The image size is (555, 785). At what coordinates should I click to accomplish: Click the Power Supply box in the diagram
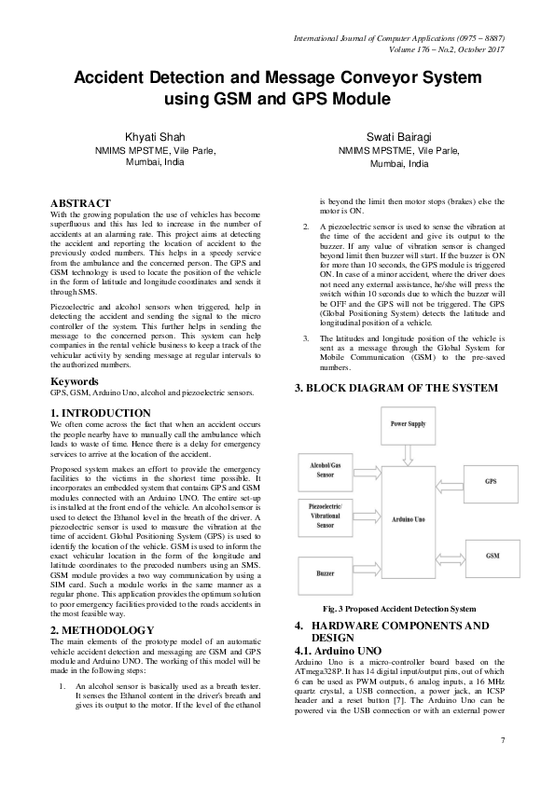point(409,423)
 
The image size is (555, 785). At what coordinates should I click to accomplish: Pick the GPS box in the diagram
point(491,481)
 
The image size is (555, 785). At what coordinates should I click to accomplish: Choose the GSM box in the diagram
point(491,556)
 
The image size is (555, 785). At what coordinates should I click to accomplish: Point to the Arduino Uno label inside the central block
point(409,519)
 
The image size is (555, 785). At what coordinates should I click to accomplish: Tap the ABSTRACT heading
point(80,202)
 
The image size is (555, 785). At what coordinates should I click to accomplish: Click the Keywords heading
point(75,382)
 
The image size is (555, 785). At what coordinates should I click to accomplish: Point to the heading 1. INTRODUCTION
point(100,412)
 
